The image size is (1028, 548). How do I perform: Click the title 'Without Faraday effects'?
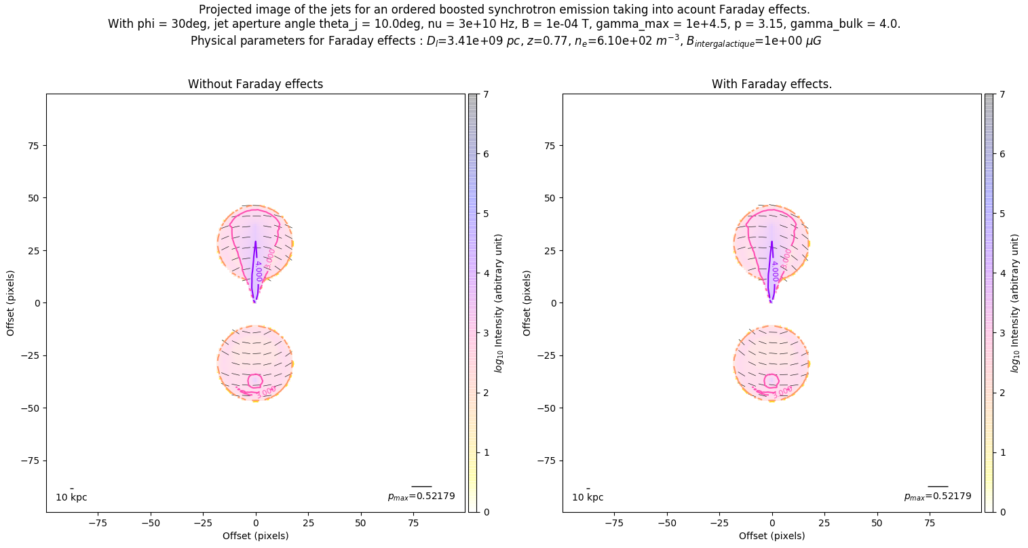[255, 84]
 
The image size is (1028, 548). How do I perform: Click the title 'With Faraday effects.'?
[772, 84]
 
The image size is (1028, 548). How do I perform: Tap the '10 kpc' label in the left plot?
[71, 497]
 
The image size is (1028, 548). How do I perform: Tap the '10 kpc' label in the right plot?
[588, 497]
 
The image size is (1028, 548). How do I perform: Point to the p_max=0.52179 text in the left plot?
[421, 496]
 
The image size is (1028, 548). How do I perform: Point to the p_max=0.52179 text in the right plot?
[938, 496]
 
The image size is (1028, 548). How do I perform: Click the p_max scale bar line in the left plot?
[421, 486]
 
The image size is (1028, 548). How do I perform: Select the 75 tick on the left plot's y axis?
[33, 146]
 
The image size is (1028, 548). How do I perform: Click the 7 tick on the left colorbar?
[485, 95]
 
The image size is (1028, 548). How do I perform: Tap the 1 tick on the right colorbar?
[1002, 452]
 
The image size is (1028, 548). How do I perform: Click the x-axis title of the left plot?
[255, 536]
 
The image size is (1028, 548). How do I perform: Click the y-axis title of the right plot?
[527, 302]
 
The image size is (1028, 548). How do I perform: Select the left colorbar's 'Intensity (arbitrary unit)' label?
[499, 303]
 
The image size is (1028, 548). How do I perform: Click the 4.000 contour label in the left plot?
[259, 271]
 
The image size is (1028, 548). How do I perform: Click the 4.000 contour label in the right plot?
[775, 271]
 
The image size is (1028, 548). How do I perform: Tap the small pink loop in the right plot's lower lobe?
[772, 380]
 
